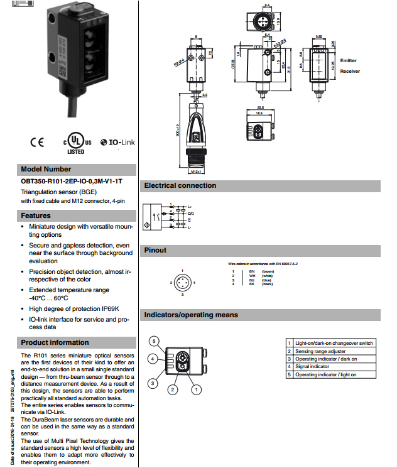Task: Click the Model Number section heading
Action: click(46, 169)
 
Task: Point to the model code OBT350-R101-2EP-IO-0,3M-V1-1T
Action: click(72, 181)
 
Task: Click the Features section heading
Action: click(36, 215)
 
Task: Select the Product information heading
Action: click(55, 342)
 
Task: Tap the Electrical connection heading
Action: click(180, 186)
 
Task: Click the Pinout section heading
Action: click(155, 250)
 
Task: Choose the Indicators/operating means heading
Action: click(191, 314)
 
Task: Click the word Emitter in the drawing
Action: click(348, 60)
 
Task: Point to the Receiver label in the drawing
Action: click(350, 71)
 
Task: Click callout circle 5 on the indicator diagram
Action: click(153, 340)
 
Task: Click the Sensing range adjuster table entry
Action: click(320, 351)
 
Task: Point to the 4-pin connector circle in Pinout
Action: click(182, 282)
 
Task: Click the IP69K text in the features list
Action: click(108, 308)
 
